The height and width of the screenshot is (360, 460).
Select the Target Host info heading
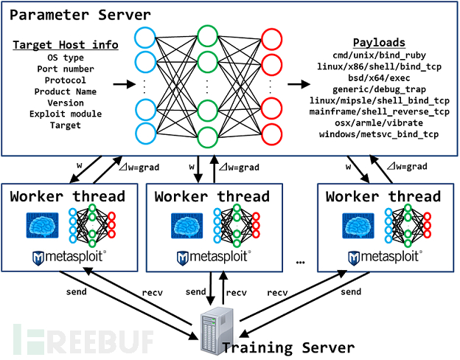point(64,45)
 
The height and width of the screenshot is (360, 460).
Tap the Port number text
point(64,69)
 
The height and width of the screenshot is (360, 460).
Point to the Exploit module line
point(64,114)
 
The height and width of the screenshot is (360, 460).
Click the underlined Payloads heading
point(380,43)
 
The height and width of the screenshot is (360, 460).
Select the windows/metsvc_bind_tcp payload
point(380,134)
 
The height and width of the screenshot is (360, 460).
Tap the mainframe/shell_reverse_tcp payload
point(380,111)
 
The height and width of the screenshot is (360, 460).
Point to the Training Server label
point(288,347)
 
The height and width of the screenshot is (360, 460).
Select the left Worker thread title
point(68,197)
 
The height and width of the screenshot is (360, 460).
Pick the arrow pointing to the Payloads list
point(300,86)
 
